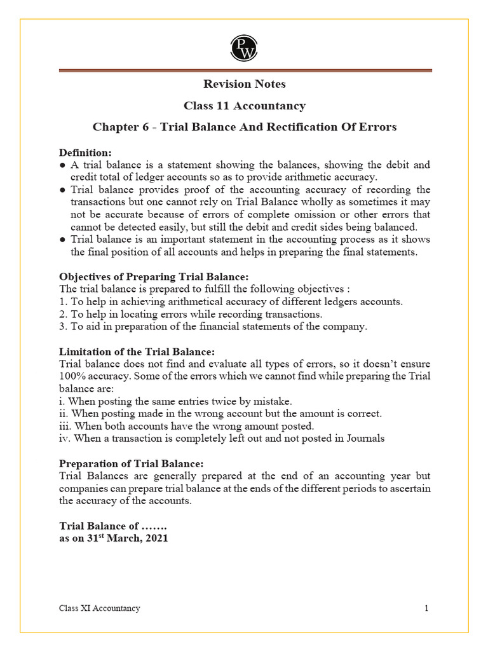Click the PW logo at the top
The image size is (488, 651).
[244, 47]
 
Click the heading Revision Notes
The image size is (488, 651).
[244, 84]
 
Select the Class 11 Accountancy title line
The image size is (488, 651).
[244, 106]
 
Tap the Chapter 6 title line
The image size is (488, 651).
[244, 127]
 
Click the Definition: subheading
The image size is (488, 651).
[85, 153]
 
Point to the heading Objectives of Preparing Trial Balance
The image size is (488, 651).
[154, 277]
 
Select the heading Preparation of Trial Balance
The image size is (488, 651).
[132, 463]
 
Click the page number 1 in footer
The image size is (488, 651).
[426, 608]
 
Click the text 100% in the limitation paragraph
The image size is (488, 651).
[71, 376]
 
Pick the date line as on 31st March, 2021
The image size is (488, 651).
[114, 537]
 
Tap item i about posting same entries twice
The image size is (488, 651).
[175, 401]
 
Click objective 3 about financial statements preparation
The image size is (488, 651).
[213, 327]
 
